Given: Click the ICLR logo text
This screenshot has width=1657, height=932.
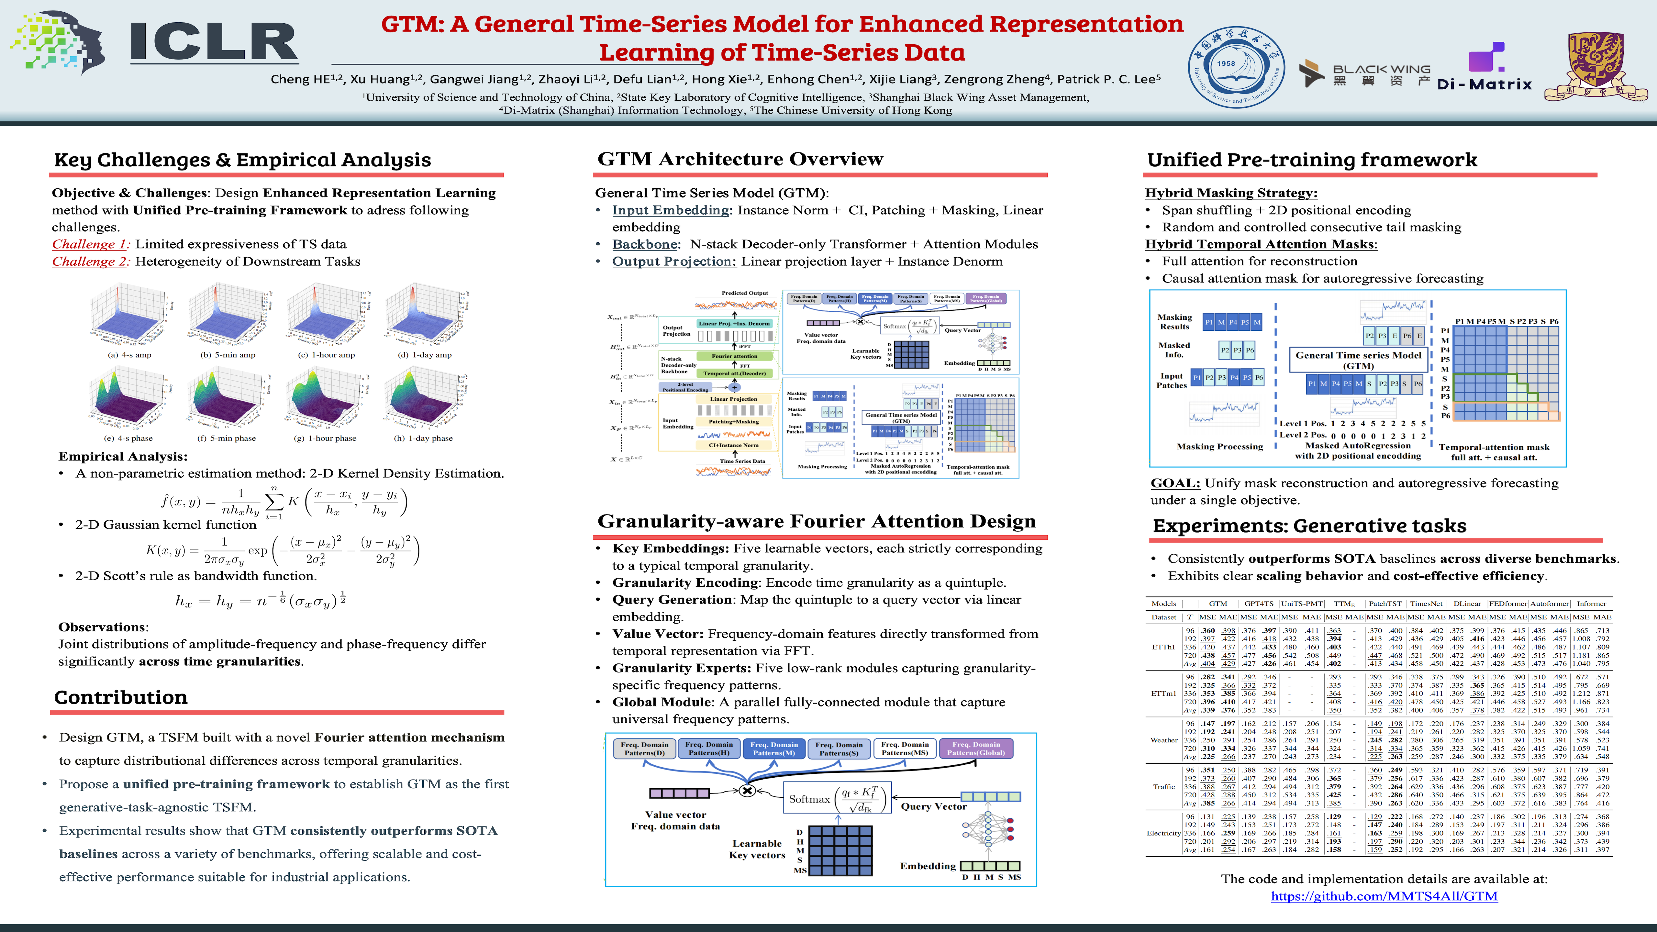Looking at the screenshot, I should tap(214, 42).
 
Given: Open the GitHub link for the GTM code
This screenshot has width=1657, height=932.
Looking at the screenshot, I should tap(1384, 896).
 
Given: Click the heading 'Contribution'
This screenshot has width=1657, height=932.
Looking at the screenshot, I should tap(121, 697).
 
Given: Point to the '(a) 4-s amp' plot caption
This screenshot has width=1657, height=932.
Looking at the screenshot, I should tap(129, 355).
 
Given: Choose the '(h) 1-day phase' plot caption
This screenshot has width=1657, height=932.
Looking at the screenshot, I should tap(423, 439).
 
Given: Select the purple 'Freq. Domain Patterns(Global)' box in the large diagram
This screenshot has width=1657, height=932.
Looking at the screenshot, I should tap(976, 748).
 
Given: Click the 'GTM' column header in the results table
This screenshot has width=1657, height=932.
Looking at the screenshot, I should tap(1218, 604).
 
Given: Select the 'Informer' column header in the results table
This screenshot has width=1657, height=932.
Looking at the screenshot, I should tap(1591, 604).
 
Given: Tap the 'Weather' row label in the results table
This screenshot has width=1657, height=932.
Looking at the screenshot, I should tap(1164, 740).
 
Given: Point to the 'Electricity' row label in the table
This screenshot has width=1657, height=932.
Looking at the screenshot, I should tap(1164, 834).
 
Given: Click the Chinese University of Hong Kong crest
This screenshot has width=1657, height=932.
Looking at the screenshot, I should tap(1595, 66).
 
